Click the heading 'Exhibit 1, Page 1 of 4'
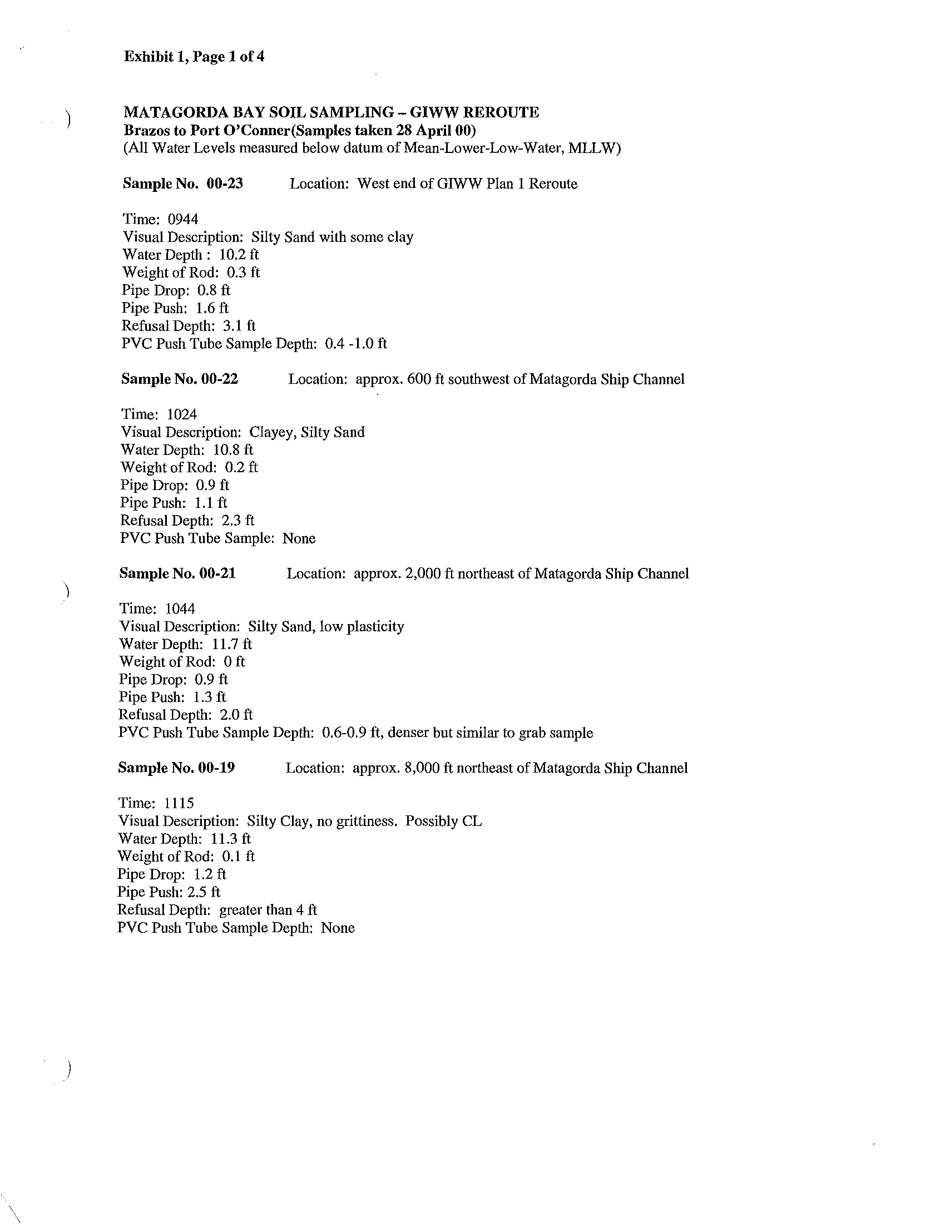point(194,57)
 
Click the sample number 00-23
point(225,184)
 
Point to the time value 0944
point(183,219)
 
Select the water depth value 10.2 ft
point(239,255)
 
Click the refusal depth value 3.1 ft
point(239,326)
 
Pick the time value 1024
point(182,414)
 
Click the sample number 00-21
point(217,573)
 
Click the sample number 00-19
point(216,768)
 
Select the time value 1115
point(179,803)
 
